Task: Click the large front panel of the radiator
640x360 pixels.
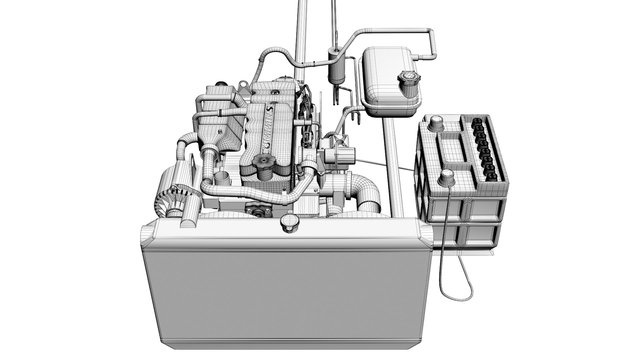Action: (x=287, y=293)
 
